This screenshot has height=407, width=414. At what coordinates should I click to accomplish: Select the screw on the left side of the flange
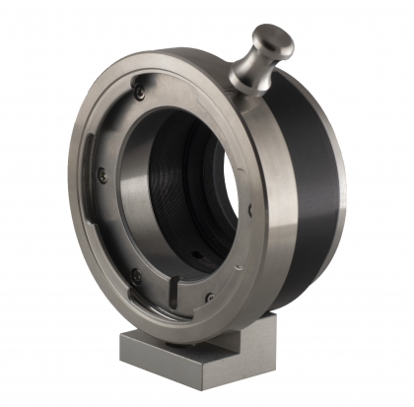tap(102, 175)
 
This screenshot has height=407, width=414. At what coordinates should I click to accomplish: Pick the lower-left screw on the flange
tap(136, 275)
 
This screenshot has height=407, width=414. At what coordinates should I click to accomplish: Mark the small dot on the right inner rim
tap(254, 209)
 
